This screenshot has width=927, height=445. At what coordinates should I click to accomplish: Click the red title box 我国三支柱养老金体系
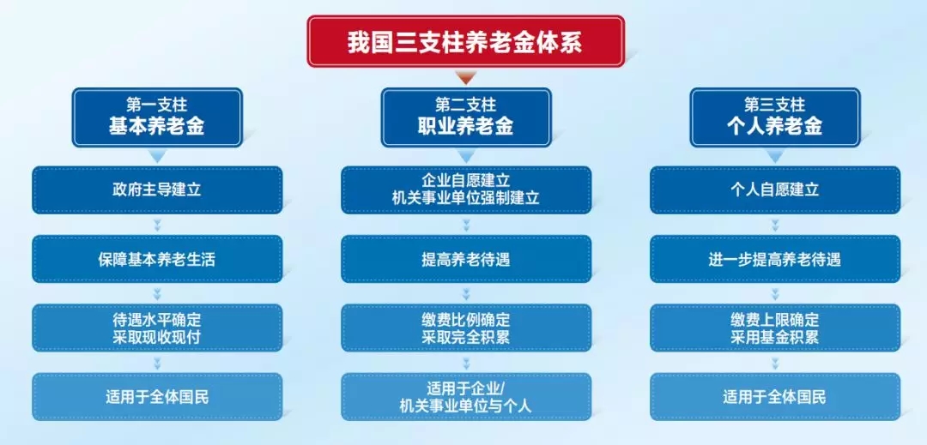465,41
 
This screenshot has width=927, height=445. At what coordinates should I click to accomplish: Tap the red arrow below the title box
466,77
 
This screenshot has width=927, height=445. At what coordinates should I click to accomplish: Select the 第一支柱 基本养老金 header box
157,117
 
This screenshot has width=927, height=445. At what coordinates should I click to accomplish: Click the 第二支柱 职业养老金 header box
466,117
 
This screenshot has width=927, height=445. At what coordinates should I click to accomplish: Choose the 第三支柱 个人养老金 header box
774,117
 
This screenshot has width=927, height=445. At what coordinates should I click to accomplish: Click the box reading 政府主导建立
157,190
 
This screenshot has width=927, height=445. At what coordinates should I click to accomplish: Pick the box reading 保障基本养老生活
157,259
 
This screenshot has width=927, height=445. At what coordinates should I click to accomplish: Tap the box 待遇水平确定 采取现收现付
157,328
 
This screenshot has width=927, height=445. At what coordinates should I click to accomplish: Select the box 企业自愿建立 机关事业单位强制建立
466,190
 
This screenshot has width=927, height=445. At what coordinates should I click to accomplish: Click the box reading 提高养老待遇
466,259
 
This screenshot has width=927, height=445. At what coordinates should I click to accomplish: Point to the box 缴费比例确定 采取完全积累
466,328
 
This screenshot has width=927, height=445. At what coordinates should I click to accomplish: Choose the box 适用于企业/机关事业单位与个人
466,397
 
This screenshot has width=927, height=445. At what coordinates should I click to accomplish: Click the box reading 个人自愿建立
775,190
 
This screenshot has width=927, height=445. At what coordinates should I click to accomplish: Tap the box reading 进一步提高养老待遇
775,259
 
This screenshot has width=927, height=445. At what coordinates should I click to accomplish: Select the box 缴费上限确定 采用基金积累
775,328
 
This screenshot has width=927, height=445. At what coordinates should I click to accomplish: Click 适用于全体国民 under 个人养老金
775,397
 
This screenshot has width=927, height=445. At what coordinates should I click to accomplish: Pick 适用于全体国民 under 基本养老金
157,397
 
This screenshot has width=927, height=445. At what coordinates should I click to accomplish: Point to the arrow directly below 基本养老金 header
157,156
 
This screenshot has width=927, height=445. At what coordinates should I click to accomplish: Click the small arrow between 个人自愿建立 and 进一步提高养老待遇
775,225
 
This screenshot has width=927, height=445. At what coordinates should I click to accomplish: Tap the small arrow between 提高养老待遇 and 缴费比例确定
466,294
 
